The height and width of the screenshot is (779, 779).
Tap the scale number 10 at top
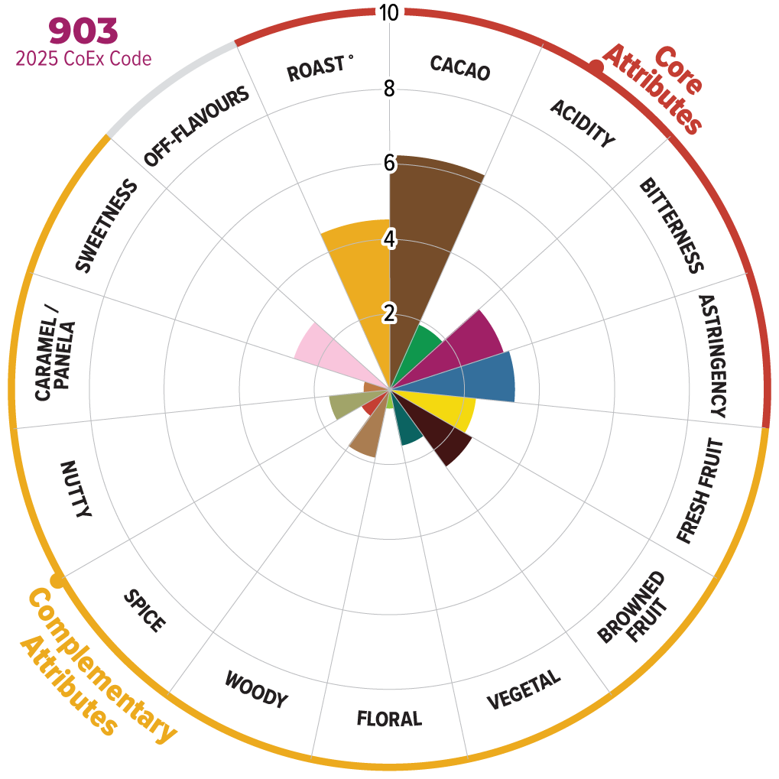click(389, 12)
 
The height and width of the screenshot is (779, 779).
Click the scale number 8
click(389, 89)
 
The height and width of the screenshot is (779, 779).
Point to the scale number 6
click(389, 164)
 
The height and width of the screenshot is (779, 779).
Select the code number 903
click(83, 31)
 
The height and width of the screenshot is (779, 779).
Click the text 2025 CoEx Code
click(83, 58)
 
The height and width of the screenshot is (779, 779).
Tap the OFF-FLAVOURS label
click(196, 127)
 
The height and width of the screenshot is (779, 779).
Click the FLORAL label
click(389, 719)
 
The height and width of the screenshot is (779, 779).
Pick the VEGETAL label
click(524, 690)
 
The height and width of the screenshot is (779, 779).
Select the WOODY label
click(256, 690)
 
